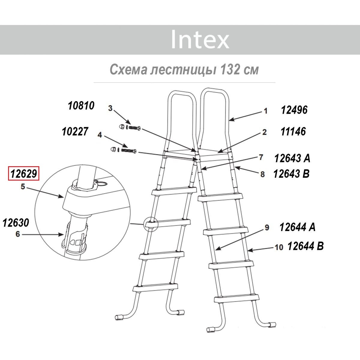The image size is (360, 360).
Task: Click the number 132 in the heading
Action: coord(230,70)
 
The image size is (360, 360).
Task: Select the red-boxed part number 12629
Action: coord(23,173)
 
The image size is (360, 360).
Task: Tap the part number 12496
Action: coord(294,110)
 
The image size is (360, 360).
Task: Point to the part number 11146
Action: coord(293,131)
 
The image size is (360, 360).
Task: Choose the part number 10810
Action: coord(81,106)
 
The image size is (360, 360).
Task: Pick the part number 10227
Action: coord(75,131)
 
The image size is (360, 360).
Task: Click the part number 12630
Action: coord(16,223)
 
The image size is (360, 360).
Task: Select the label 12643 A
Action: coord(292,158)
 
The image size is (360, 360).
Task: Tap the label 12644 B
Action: coord(306,246)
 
